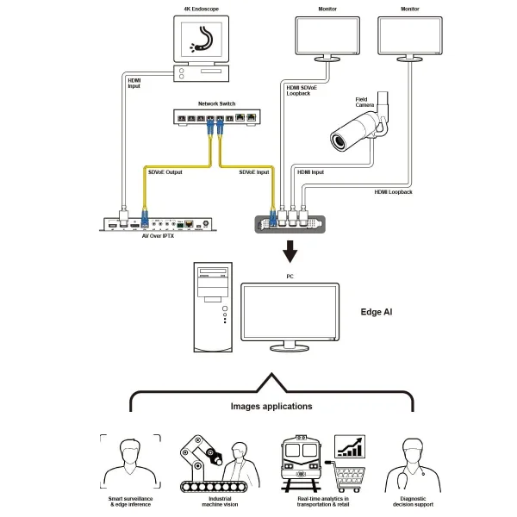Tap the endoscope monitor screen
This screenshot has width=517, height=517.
205,40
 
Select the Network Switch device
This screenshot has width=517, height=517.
216,116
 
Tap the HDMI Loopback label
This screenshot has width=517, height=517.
393,192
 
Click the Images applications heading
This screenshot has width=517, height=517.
271,406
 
